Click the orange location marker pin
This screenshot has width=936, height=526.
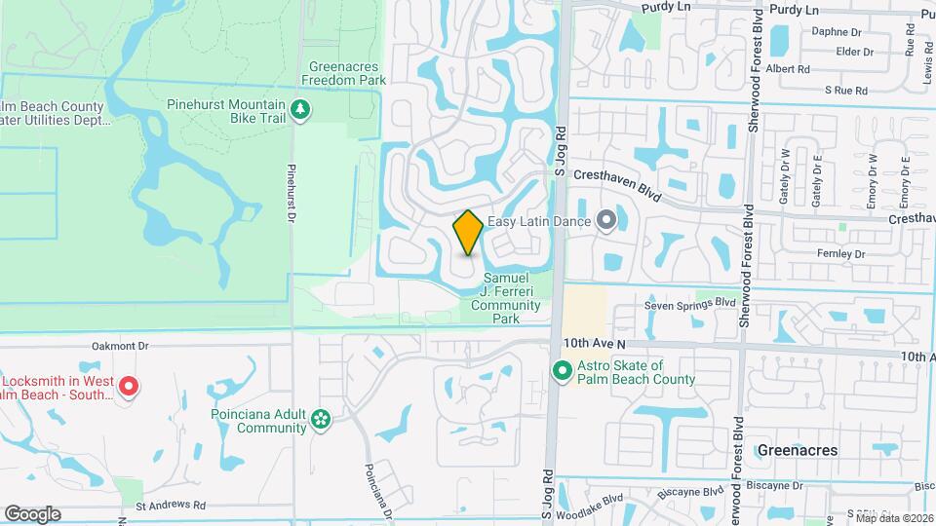[468, 232]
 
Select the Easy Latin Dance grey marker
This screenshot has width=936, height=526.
[605, 221]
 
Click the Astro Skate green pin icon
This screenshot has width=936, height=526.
[562, 371]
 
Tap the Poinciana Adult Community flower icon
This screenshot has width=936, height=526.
[321, 420]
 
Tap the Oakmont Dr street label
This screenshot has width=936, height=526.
[118, 345]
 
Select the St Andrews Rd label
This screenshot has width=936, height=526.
[171, 506]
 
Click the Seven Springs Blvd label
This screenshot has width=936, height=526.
[689, 304]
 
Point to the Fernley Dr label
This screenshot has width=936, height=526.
[844, 252]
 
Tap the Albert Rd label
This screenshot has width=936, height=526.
[789, 69]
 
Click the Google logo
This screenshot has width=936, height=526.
[32, 513]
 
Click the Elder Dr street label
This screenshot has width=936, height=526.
[854, 52]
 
